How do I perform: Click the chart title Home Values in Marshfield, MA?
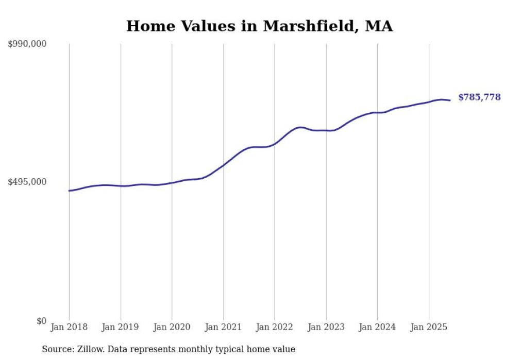click(259, 26)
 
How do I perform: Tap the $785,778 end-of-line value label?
click(479, 97)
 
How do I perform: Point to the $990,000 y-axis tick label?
click(27, 44)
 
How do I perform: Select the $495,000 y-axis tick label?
click(27, 182)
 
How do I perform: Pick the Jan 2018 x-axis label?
click(69, 327)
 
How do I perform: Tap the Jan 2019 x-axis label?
click(121, 327)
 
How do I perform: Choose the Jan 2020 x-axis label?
click(172, 327)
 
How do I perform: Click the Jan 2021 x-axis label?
click(223, 327)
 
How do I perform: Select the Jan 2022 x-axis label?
click(275, 327)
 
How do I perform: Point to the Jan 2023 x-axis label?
click(326, 327)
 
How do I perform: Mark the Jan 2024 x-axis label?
click(377, 327)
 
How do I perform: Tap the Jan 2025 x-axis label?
click(428, 327)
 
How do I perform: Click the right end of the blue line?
click(450, 100)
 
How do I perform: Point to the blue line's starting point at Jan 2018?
click(69, 191)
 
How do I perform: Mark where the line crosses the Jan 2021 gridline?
click(223, 165)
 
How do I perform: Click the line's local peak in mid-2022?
click(300, 127)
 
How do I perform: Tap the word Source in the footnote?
click(57, 349)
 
